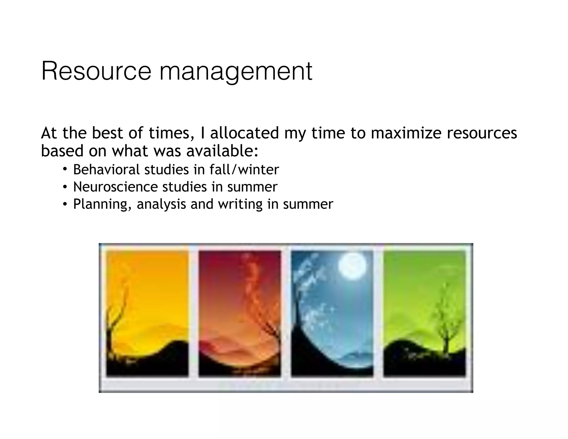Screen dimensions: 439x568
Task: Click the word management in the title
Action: [x=236, y=72]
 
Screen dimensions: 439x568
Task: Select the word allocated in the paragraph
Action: [x=244, y=133]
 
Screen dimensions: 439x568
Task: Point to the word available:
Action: [x=222, y=151]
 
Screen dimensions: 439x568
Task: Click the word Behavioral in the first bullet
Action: [x=106, y=170]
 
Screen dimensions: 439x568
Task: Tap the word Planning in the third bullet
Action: [x=102, y=205]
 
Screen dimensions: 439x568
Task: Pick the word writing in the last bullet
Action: [x=240, y=205]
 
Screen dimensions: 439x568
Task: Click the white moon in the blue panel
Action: [x=352, y=266]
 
